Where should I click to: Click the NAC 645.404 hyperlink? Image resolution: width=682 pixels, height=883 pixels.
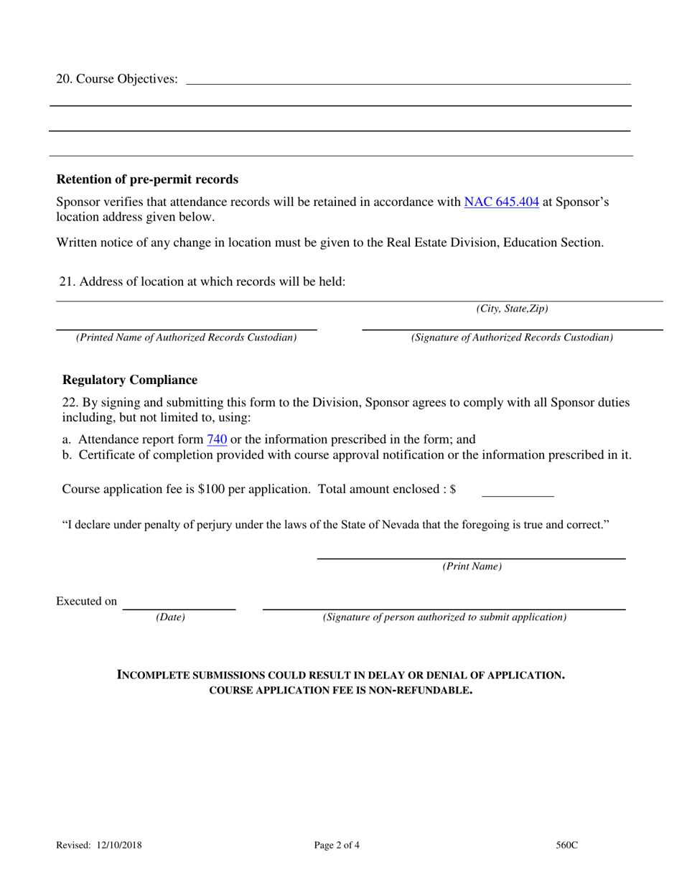click(x=501, y=202)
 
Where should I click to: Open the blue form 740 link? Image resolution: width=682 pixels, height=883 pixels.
click(x=217, y=439)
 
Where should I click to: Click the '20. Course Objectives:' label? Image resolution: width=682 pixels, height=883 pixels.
click(x=117, y=79)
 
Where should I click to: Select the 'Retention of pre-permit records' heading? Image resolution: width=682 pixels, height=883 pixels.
click(x=147, y=179)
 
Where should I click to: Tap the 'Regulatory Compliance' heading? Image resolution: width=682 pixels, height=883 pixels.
click(x=130, y=380)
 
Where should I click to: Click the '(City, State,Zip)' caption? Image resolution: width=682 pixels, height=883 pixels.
click(x=512, y=309)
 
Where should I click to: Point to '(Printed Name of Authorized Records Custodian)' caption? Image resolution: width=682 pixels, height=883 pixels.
click(x=186, y=337)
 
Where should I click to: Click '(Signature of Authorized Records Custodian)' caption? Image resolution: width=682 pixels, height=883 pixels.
click(x=512, y=337)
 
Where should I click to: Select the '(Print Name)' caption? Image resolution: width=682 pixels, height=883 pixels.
click(x=472, y=566)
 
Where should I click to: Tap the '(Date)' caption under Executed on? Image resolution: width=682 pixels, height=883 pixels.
click(x=171, y=617)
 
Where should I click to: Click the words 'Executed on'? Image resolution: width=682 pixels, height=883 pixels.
click(x=86, y=602)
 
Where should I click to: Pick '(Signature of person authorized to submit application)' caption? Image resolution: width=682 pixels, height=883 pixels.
click(x=444, y=617)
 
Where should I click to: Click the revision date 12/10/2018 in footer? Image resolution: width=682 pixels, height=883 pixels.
click(x=118, y=846)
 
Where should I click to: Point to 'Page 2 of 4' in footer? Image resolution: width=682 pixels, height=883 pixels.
click(x=337, y=846)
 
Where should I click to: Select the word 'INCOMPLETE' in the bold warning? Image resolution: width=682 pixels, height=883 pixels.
click(x=156, y=676)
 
